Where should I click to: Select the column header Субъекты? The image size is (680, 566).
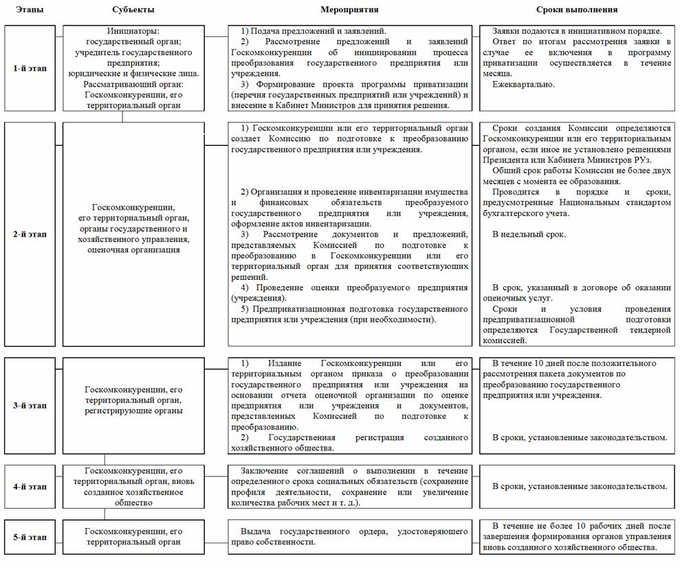tap(133, 10)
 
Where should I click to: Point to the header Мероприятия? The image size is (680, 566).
tap(349, 10)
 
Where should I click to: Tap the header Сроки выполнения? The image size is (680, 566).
tap(577, 10)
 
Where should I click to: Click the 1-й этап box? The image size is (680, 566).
tap(30, 69)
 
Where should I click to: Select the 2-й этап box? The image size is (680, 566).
tap(30, 234)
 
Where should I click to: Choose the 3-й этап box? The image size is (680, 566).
tap(30, 406)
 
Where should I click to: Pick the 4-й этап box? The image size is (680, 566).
tap(30, 486)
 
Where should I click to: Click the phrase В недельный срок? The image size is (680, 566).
tap(529, 235)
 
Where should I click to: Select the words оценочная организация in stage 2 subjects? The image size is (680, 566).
tap(133, 250)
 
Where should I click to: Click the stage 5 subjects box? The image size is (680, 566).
tap(133, 536)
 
